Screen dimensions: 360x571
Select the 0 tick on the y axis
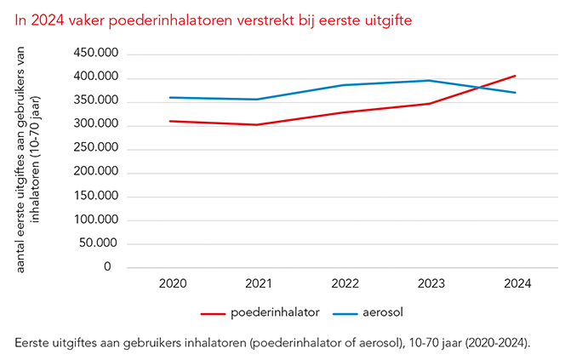pos(108,267)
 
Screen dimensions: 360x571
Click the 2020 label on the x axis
pos(173,283)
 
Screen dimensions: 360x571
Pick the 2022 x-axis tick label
pos(345,283)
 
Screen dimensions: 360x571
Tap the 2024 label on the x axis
pos(516,283)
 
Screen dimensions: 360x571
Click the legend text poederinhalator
pos(275,312)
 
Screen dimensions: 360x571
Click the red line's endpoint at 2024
pos(516,76)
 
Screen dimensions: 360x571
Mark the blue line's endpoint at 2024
pos(516,93)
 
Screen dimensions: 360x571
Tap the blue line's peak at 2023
pos(430,81)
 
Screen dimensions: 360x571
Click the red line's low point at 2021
pos(259,125)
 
